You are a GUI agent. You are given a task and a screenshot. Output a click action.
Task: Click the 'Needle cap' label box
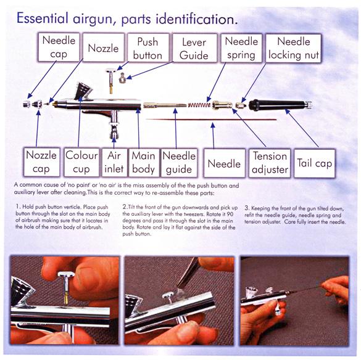(x=59, y=47)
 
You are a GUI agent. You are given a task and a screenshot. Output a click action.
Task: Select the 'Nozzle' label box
(x=104, y=47)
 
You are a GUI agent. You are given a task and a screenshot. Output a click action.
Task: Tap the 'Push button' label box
(x=148, y=48)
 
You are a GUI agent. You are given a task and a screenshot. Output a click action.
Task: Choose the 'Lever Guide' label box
(x=194, y=48)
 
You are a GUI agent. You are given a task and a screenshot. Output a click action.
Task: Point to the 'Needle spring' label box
(x=241, y=48)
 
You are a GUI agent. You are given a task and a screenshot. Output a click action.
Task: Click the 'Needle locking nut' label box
(x=294, y=48)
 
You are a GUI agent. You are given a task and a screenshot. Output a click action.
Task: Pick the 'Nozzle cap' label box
(x=41, y=162)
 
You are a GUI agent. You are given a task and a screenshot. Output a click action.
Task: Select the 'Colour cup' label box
(x=81, y=162)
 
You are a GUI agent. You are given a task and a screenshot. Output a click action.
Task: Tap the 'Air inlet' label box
(x=114, y=163)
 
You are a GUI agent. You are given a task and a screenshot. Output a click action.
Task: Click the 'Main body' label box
(x=144, y=163)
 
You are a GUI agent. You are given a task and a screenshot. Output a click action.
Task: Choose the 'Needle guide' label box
(x=179, y=163)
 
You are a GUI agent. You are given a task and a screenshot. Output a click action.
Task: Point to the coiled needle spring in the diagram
(x=199, y=105)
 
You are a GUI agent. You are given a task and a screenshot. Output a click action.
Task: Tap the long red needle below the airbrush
(x=211, y=120)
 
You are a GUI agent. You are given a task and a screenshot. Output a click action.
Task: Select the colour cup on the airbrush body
(x=83, y=91)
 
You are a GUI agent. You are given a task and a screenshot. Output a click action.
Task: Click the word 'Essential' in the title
(x=43, y=18)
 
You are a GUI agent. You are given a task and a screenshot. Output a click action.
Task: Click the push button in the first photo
(x=66, y=287)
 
